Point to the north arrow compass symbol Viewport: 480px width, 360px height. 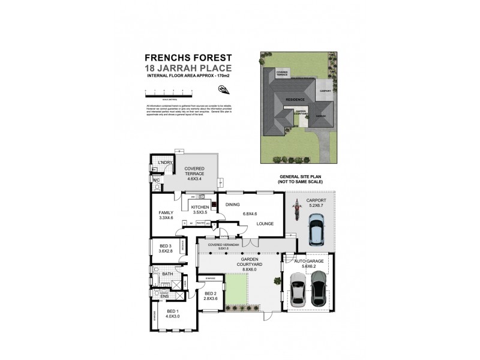click(223, 89)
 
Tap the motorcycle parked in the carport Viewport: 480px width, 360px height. click(295, 209)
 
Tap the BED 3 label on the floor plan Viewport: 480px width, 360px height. click(166, 245)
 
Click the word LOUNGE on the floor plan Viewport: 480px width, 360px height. click(265, 224)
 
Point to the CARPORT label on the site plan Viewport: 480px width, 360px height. click(326, 91)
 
